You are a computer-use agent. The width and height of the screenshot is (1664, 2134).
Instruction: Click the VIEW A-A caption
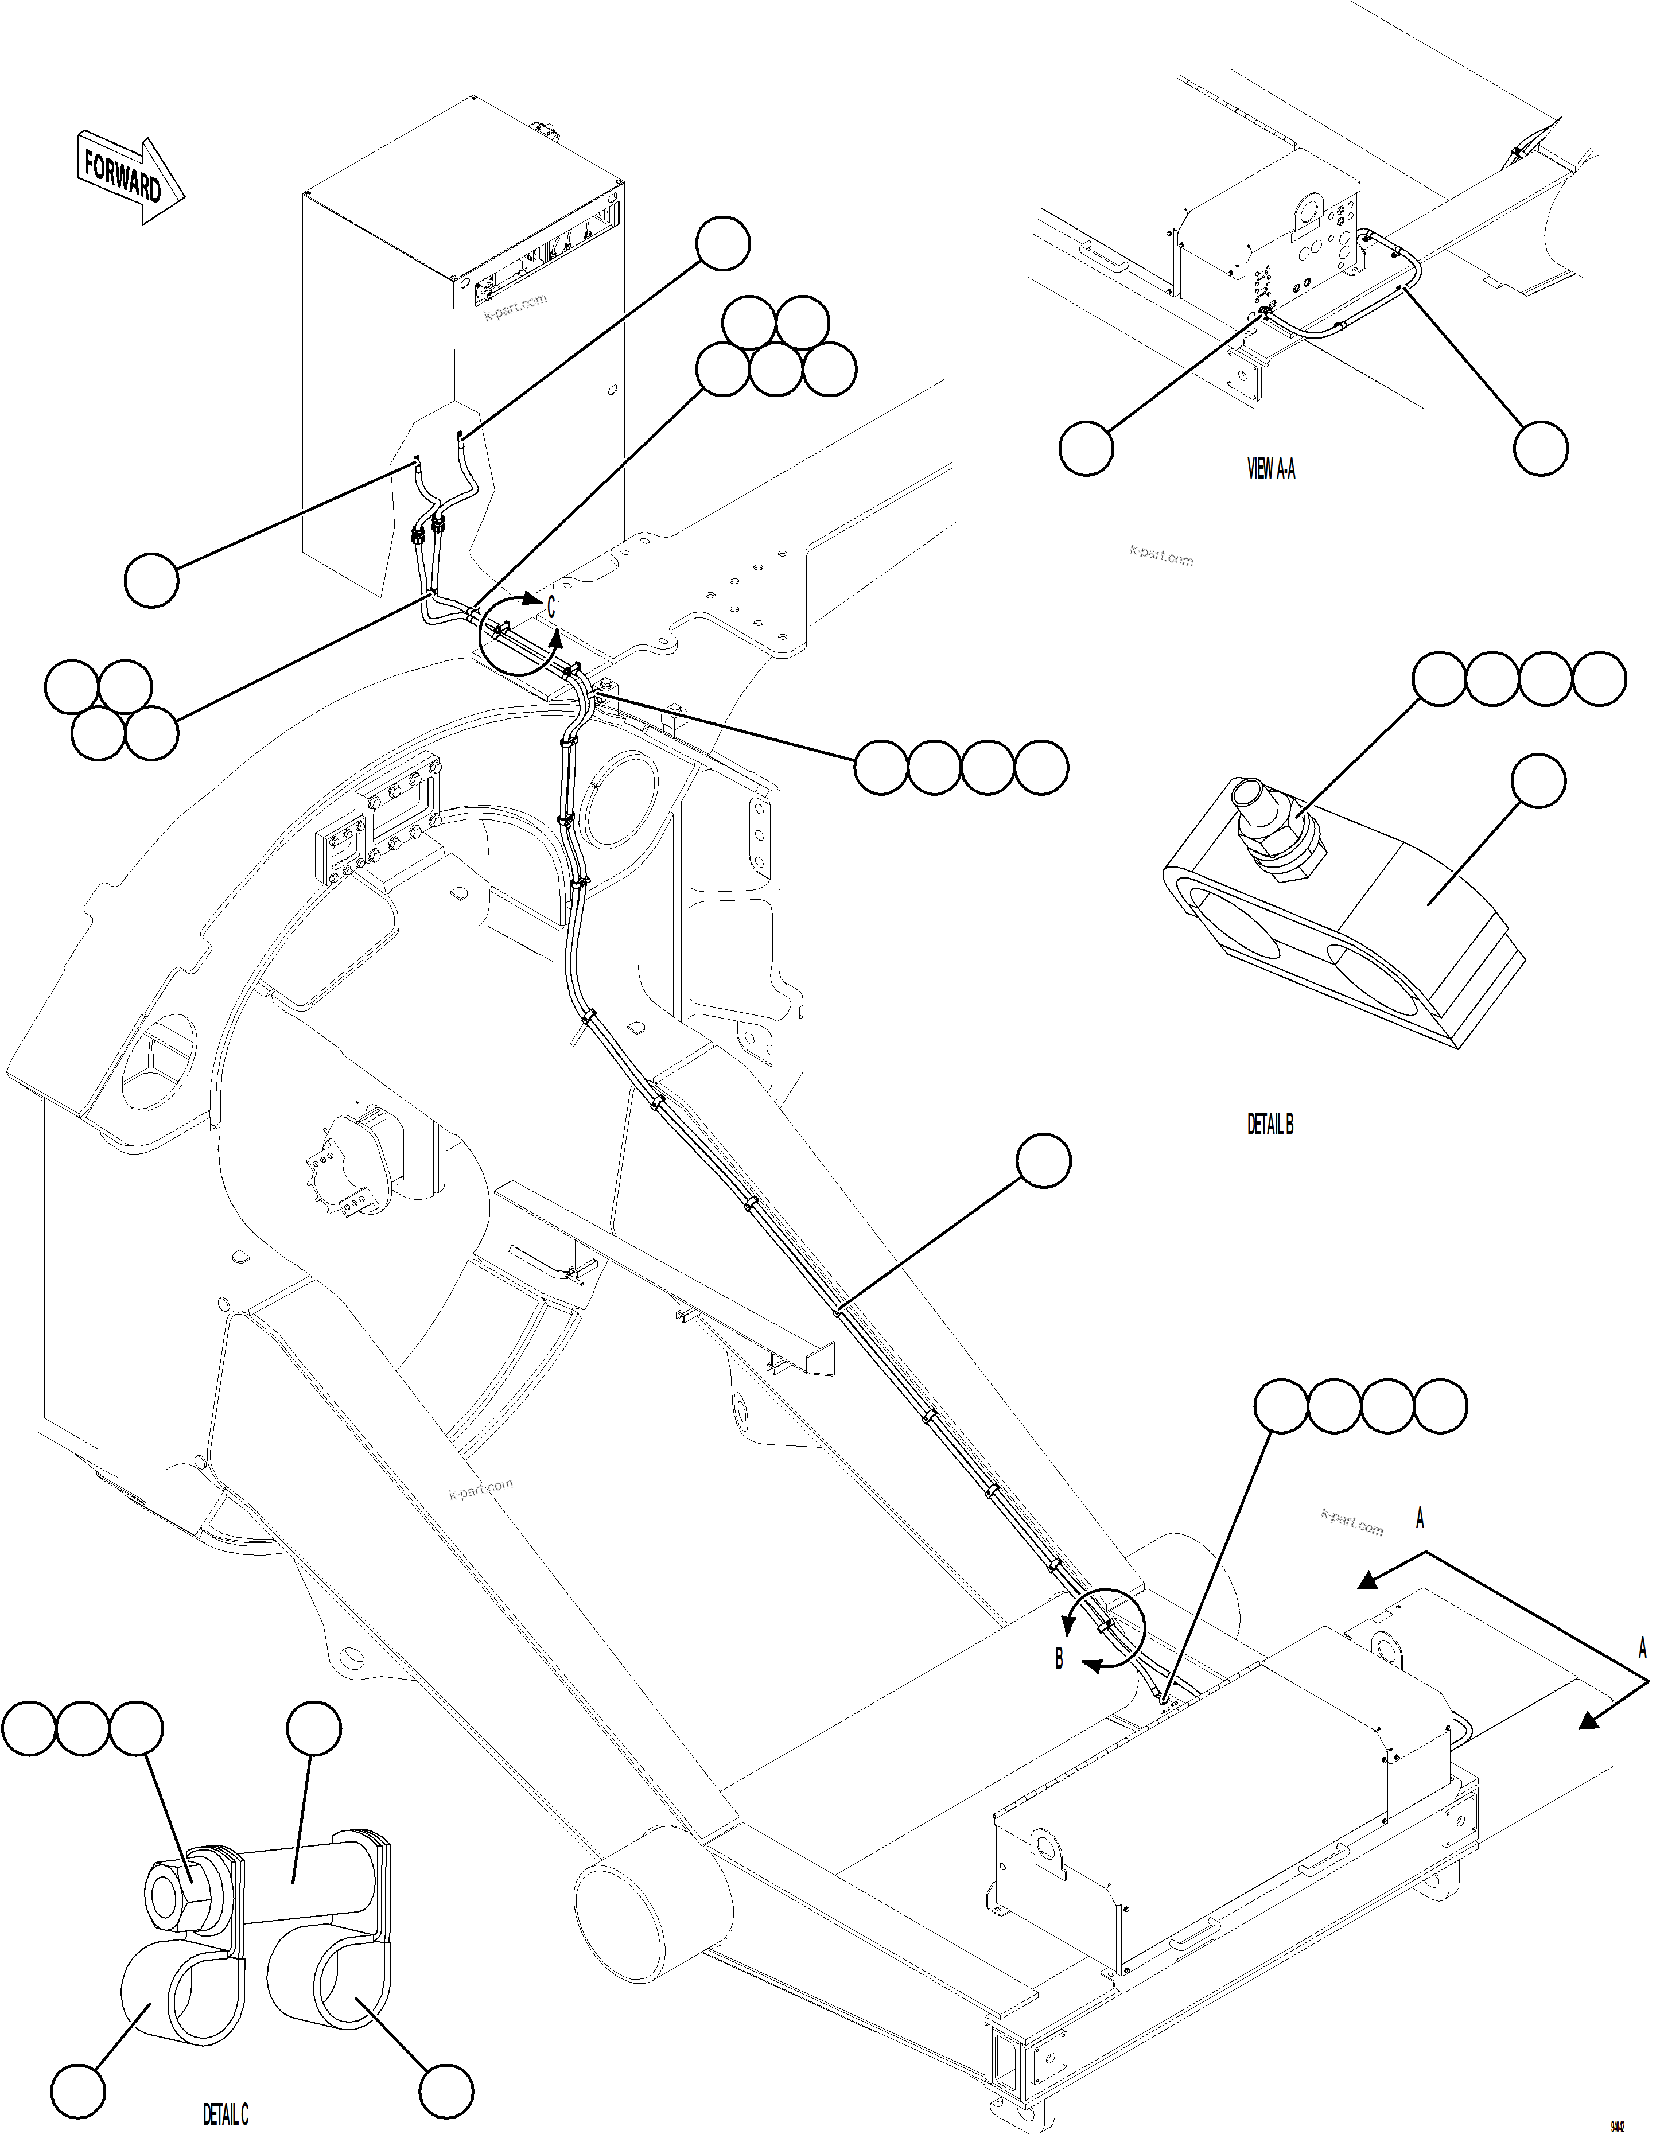click(x=1270, y=469)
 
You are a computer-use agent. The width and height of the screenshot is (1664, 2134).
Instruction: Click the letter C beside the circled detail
click(x=550, y=608)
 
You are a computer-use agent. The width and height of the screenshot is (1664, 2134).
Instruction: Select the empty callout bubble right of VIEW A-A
click(x=1540, y=449)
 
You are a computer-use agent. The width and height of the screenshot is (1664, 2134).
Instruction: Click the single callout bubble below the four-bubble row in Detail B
click(x=1538, y=781)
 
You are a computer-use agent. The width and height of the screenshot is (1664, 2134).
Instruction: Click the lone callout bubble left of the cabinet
click(x=151, y=580)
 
